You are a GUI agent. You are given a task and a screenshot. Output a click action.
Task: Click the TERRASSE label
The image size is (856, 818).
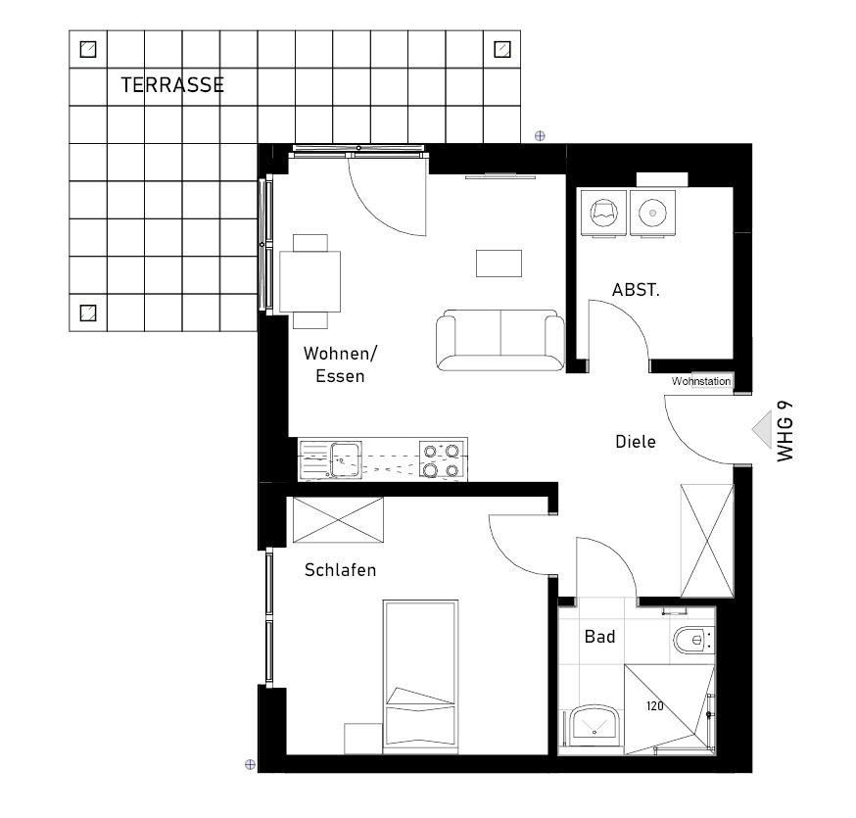pyautogui.click(x=172, y=85)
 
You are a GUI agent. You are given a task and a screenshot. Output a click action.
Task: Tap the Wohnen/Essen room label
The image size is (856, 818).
pyautogui.click(x=340, y=364)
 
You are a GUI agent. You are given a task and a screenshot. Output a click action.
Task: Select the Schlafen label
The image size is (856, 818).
pyautogui.click(x=340, y=570)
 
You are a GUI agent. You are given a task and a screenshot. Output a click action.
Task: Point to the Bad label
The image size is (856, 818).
pyautogui.click(x=599, y=637)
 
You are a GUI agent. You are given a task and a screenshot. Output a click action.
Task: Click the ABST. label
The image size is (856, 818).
pyautogui.click(x=636, y=290)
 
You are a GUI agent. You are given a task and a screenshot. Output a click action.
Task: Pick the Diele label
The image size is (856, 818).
pyautogui.click(x=636, y=442)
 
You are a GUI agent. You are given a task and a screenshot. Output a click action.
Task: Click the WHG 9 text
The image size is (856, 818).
pyautogui.click(x=785, y=431)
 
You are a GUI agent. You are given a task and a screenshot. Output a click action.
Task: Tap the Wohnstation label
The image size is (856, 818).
pyautogui.click(x=701, y=381)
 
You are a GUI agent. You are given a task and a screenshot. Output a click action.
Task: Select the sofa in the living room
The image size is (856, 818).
pyautogui.click(x=500, y=340)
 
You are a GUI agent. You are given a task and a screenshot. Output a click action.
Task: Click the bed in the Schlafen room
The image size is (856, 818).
pyautogui.click(x=420, y=677)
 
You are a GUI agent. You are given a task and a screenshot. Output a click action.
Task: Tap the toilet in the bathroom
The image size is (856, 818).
pyautogui.click(x=693, y=640)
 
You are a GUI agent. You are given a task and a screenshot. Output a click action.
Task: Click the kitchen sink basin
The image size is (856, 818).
pyautogui.click(x=346, y=460)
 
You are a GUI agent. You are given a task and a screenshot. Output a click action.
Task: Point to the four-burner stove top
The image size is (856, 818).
pyautogui.click(x=441, y=460)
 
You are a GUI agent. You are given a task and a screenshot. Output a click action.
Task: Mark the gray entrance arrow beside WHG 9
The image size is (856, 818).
pyautogui.click(x=764, y=429)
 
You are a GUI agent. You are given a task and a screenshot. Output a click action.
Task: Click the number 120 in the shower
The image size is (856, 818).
pyautogui.click(x=654, y=706)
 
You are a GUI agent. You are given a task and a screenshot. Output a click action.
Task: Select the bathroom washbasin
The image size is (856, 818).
pyautogui.click(x=594, y=726)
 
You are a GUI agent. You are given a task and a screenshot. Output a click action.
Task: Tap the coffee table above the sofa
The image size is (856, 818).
pyautogui.click(x=499, y=264)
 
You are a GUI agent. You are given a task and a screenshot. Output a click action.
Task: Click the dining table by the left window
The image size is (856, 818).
pyautogui.click(x=310, y=282)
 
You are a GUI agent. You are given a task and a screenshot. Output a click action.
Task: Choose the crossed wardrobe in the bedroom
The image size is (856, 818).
pyautogui.click(x=338, y=519)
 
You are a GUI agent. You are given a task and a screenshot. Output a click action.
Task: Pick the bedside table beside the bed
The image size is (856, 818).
pyautogui.click(x=363, y=739)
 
